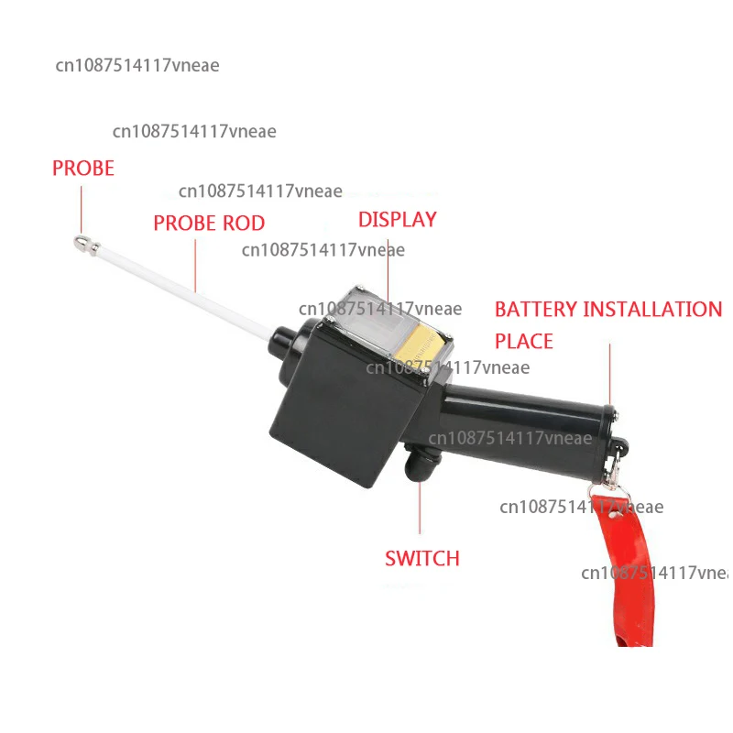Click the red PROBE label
[x=83, y=169]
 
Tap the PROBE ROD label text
[x=209, y=224]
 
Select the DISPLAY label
[x=397, y=220]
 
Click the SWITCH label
[x=421, y=558]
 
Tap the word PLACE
[x=524, y=342]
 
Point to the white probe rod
[x=183, y=289]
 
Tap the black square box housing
[x=339, y=403]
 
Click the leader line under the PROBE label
[x=80, y=206]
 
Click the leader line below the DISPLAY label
[x=388, y=261]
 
